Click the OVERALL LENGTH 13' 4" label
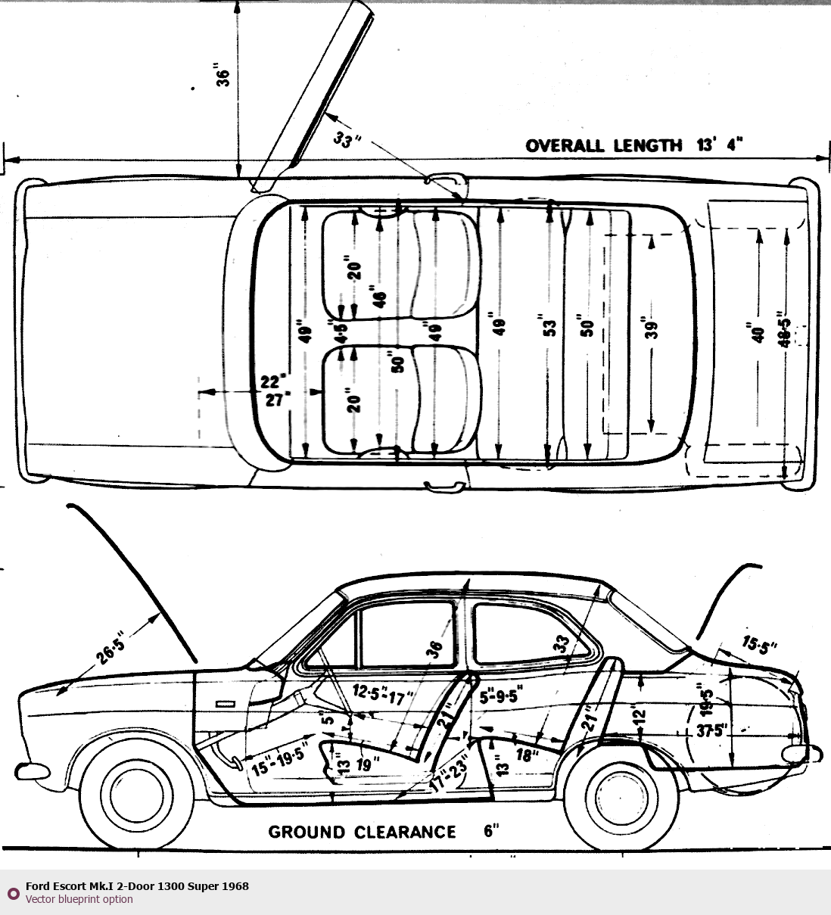pos(634,145)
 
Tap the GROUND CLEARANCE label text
pos(362,833)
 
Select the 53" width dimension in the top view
pos(550,326)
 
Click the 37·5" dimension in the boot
pos(711,731)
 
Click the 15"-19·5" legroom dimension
pos(279,761)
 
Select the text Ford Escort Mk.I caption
pos(137,885)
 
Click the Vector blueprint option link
pos(79,899)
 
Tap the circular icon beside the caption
pos(13,893)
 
